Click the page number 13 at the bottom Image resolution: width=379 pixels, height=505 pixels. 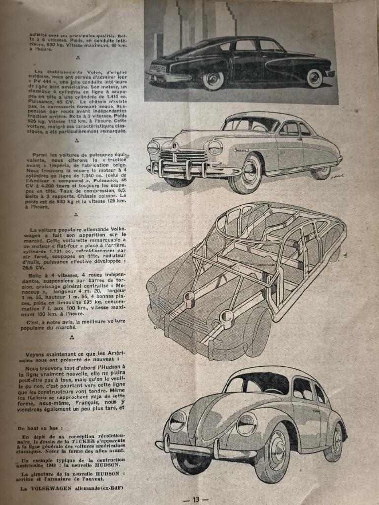tap(196, 499)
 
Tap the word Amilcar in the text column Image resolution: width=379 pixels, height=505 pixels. tap(39, 182)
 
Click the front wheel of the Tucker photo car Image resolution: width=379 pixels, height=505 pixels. tap(213, 80)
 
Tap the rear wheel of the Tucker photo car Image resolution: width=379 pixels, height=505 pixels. tap(314, 78)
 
